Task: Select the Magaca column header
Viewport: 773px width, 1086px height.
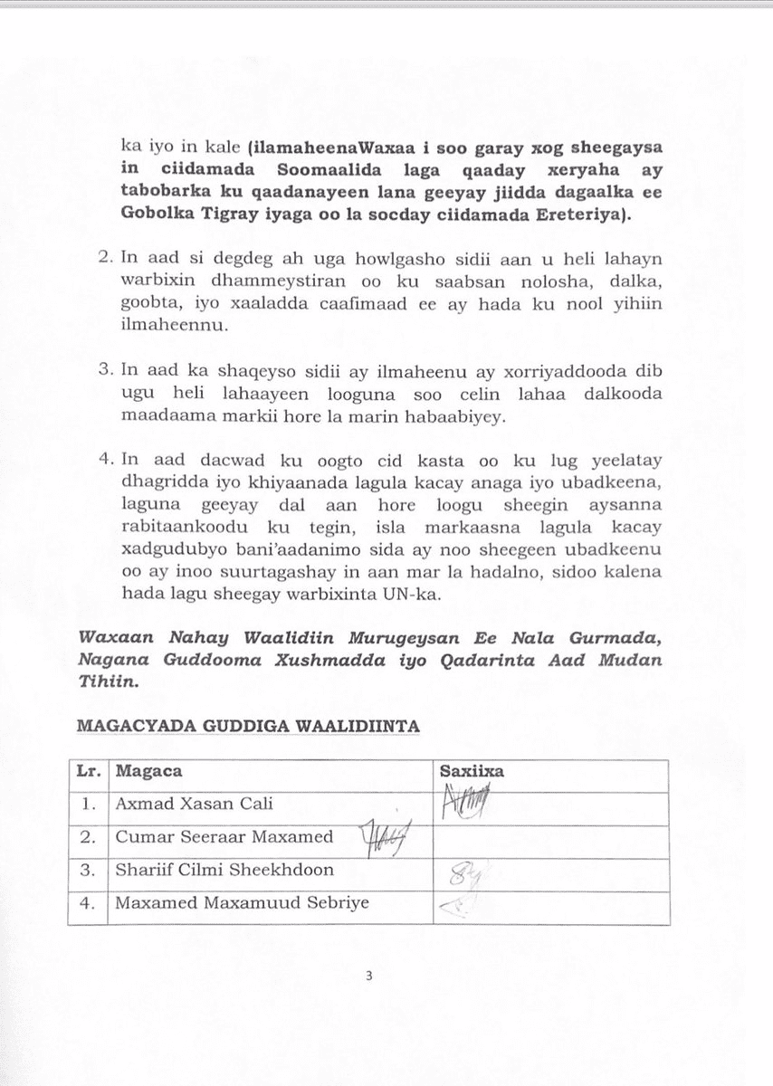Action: point(148,772)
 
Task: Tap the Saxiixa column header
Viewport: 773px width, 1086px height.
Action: point(471,772)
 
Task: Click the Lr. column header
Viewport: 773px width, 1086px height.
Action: point(88,772)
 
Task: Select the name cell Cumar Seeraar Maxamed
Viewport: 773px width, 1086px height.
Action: point(224,837)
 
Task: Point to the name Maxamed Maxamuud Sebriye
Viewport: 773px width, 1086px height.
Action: point(242,902)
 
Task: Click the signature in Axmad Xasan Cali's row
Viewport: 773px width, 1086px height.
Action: point(465,802)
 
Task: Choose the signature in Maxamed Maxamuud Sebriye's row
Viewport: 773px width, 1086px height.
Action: point(453,904)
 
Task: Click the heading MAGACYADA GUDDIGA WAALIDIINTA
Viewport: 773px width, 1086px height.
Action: point(247,726)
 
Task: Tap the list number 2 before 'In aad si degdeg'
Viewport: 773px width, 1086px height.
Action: point(104,257)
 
